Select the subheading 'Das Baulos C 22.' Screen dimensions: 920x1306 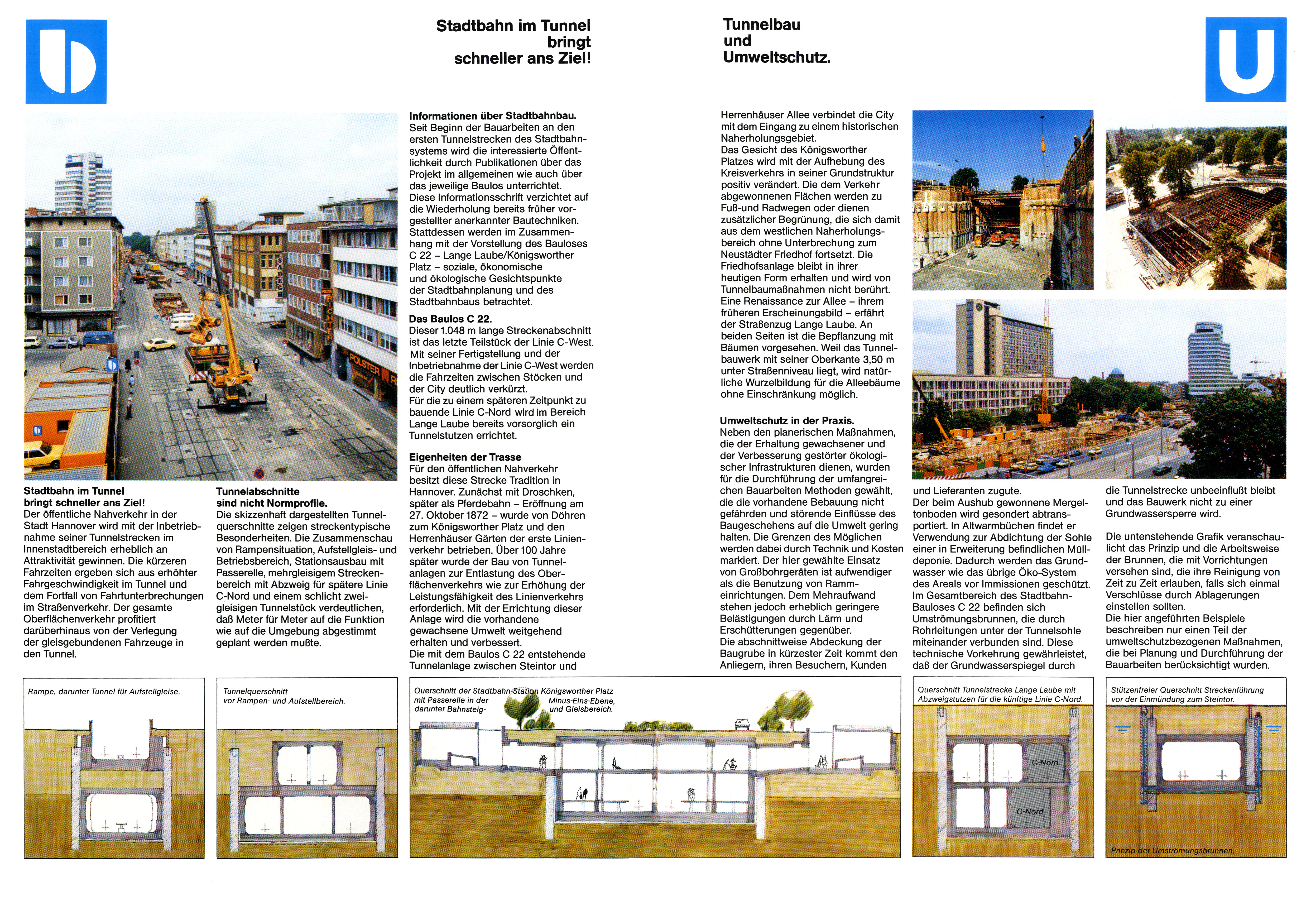tap(450, 319)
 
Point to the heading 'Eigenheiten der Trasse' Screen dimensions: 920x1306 tap(465, 457)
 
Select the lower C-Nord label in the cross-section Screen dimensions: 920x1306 tap(1030, 811)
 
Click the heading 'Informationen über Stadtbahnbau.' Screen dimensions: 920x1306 tap(493, 116)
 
